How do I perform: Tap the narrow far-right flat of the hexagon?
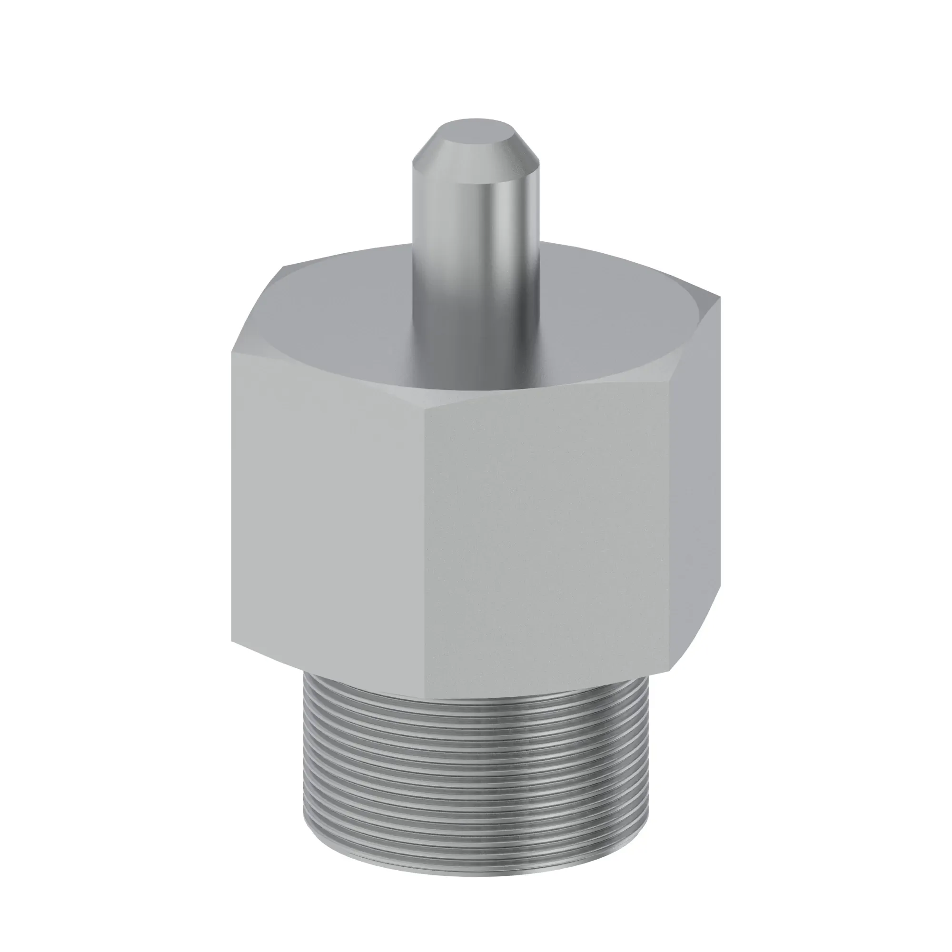(x=695, y=473)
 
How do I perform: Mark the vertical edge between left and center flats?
(x=426, y=542)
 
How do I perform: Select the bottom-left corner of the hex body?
(x=233, y=641)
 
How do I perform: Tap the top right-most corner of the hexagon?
(x=720, y=299)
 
